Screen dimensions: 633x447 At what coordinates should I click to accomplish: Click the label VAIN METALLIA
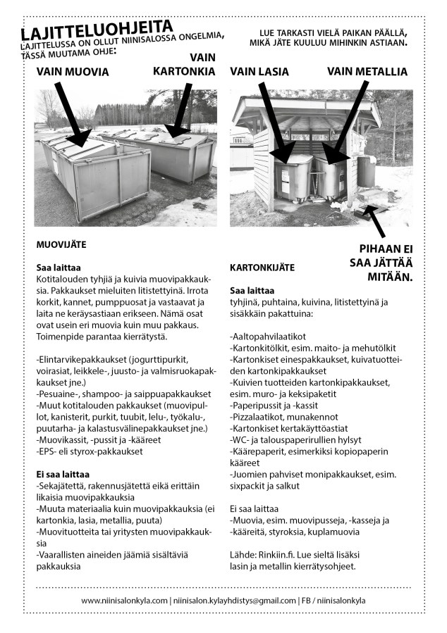click(367, 71)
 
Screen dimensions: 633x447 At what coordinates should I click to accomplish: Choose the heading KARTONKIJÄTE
click(262, 268)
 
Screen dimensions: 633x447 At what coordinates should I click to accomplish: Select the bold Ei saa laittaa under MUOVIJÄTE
click(63, 475)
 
